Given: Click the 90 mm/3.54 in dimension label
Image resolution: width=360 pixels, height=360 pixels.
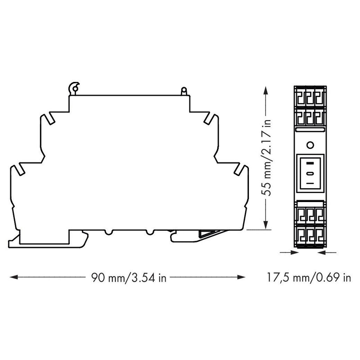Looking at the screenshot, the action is [129, 278].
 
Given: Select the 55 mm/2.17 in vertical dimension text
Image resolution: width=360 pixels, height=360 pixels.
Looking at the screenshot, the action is [266, 157].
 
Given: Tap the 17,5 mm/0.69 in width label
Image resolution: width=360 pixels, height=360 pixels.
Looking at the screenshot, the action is [309, 277].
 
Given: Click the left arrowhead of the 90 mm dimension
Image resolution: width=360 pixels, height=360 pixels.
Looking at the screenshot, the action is [14, 277].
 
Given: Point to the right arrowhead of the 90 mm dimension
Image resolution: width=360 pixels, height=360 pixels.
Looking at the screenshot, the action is [241, 277].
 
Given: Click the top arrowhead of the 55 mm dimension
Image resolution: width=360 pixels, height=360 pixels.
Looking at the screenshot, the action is [265, 90].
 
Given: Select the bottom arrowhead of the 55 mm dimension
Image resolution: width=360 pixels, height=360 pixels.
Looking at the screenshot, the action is [265, 225].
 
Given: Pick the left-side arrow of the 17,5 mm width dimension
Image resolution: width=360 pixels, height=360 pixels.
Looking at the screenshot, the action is [289, 252].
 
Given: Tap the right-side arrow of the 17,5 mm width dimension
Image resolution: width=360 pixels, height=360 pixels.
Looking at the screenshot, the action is [327, 252].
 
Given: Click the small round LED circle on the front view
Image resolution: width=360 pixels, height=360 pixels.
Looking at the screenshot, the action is [310, 145].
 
